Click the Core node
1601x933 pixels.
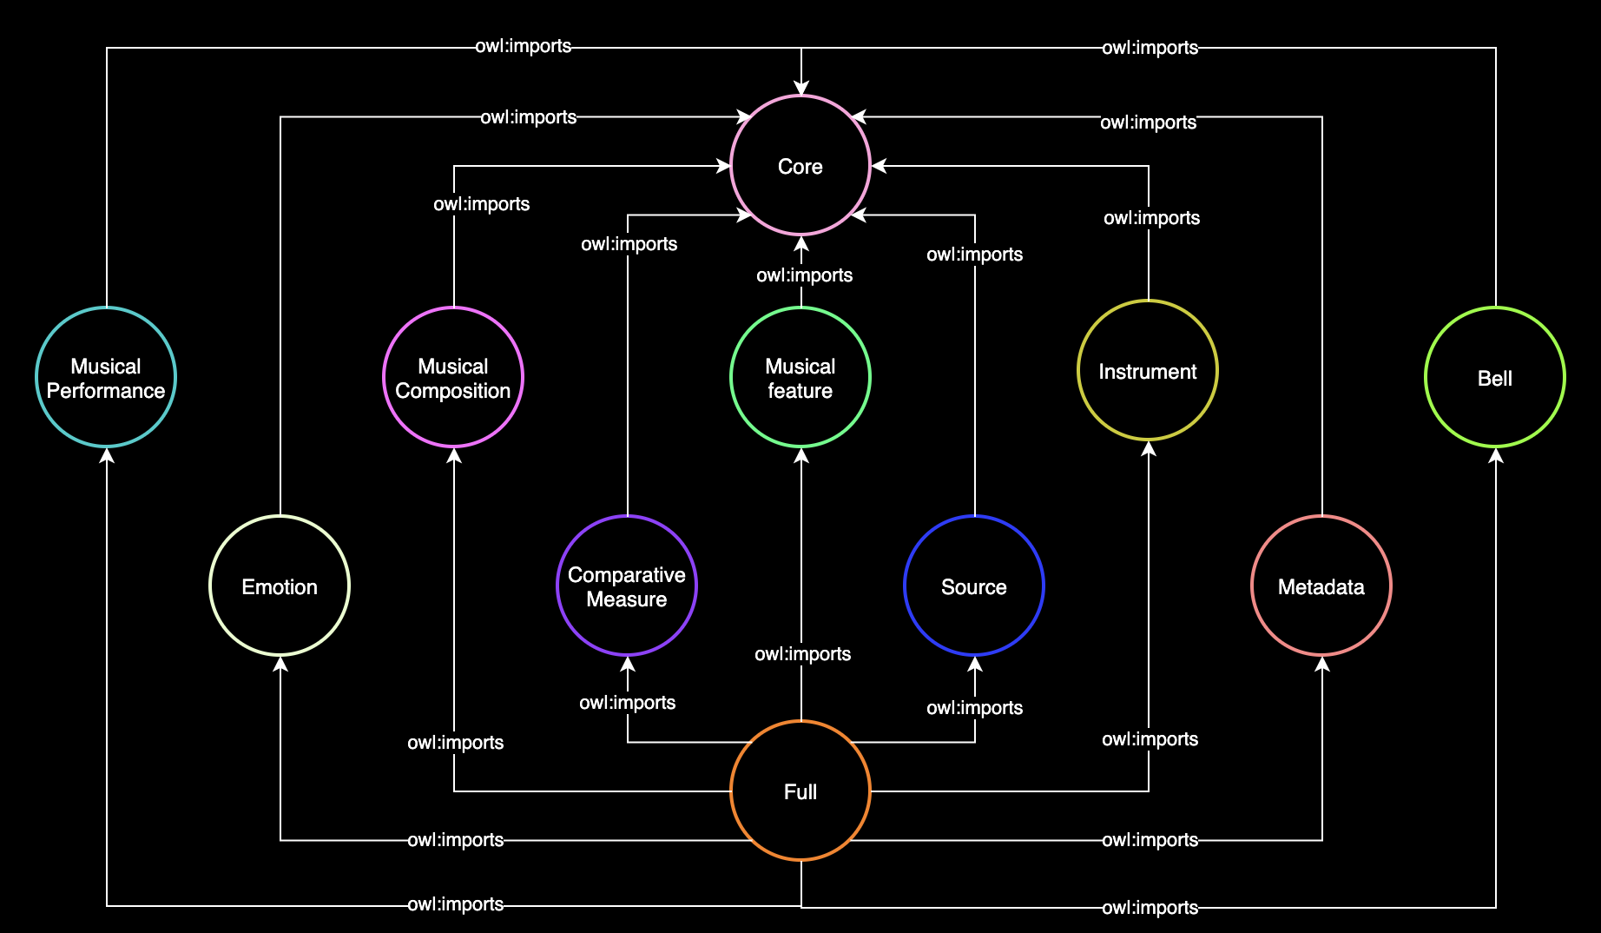800,165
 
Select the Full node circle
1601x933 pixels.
800,791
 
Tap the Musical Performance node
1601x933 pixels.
106,377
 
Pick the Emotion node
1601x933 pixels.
280,586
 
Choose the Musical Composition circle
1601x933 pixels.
453,377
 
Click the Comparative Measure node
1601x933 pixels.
627,586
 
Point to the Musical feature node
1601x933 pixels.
800,377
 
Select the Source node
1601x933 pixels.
974,586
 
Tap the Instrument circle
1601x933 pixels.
1148,370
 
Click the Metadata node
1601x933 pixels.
1321,586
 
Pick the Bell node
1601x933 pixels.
1495,377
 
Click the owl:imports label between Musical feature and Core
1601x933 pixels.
804,275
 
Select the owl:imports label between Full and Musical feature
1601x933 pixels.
802,654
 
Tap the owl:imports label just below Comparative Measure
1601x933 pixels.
627,703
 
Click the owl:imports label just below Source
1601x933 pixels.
974,708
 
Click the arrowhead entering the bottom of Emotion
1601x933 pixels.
280,665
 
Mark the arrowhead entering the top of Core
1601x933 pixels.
801,87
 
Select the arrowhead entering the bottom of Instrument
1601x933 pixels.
1149,449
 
